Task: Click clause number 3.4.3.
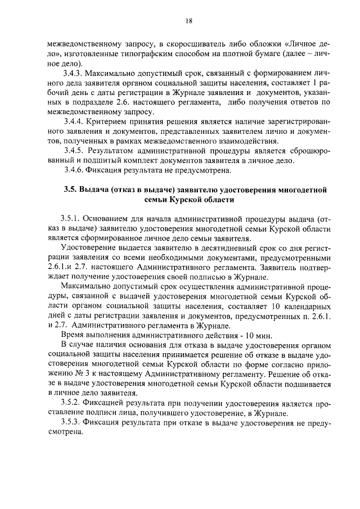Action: (76, 73)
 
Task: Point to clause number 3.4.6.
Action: (76, 170)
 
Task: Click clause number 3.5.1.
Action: (72, 218)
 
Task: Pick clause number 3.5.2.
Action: (72, 403)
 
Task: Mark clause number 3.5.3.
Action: (72, 423)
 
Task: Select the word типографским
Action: (164, 53)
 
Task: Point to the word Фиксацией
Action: (107, 403)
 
